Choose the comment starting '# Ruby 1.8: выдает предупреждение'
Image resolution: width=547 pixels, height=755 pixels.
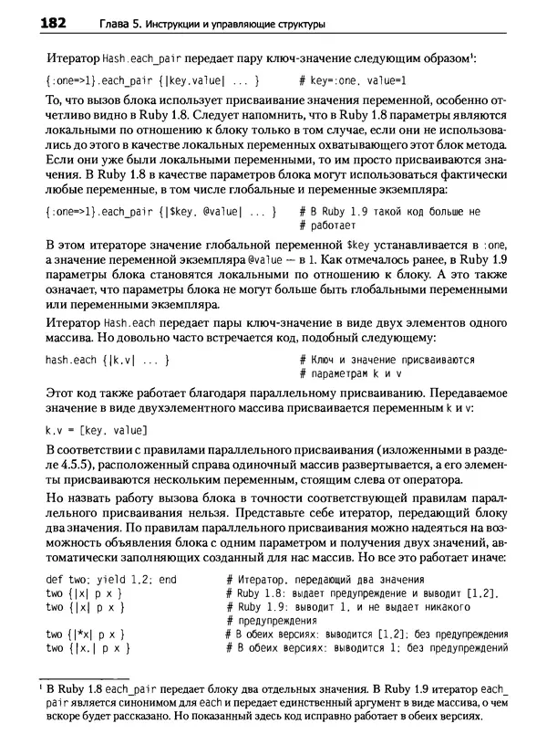click(x=360, y=592)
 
